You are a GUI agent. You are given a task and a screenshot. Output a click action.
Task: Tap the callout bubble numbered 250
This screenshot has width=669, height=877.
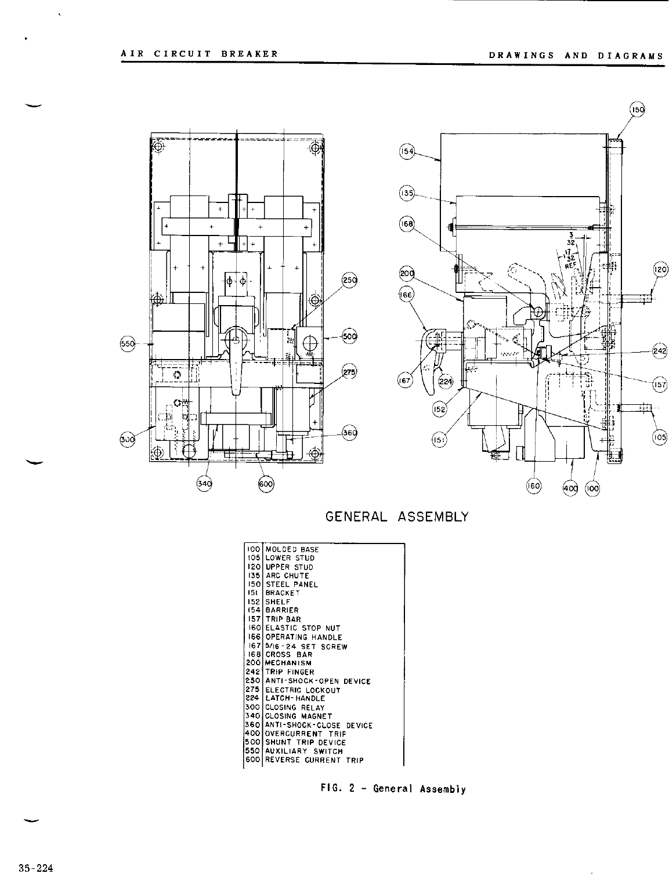[350, 280]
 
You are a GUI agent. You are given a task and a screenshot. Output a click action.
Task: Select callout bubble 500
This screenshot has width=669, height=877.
[350, 336]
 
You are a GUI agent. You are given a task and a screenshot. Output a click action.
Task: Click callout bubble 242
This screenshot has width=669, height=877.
[660, 351]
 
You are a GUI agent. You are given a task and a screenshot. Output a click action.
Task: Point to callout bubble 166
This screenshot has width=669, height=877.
[405, 295]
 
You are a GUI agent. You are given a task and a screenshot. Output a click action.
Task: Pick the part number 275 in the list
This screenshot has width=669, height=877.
[252, 690]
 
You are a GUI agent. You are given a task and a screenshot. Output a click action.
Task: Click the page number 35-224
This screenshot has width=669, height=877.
[35, 868]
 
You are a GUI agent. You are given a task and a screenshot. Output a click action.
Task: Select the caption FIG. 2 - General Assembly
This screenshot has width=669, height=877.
[393, 789]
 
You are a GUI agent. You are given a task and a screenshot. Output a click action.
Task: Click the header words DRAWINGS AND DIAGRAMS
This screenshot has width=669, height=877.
[576, 56]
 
